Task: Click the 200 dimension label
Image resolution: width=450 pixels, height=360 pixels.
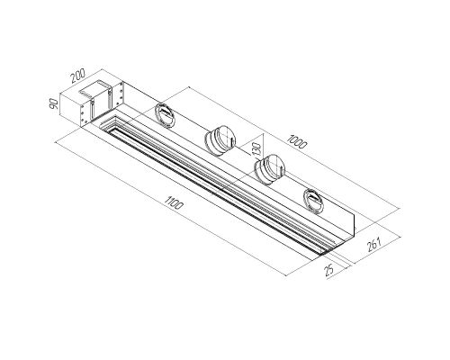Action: (x=78, y=76)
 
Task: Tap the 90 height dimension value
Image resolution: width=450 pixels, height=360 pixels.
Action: (x=54, y=103)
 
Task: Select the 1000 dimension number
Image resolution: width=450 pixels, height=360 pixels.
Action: (x=297, y=142)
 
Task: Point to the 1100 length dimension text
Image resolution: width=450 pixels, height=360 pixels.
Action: (x=174, y=202)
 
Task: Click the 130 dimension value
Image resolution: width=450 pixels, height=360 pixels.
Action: (x=257, y=148)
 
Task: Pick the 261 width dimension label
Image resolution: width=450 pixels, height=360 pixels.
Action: (x=373, y=245)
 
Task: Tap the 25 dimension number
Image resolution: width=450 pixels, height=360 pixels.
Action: (x=329, y=270)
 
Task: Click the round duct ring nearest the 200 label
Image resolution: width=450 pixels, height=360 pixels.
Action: (x=165, y=116)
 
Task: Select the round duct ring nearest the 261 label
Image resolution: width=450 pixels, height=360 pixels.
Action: (x=313, y=201)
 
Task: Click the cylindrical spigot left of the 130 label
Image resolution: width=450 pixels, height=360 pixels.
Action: (x=220, y=139)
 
